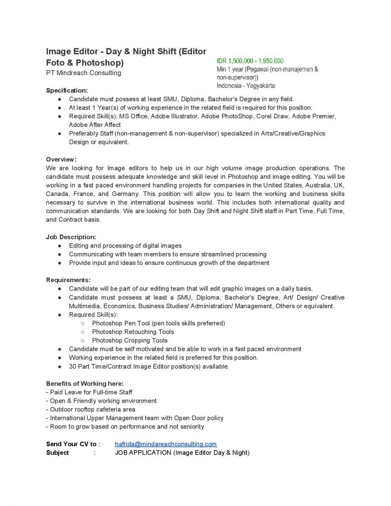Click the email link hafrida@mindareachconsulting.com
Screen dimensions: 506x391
click(166, 444)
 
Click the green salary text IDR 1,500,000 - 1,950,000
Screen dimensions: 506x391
click(250, 61)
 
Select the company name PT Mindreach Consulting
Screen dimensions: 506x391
click(84, 73)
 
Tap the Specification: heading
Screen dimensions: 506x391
click(67, 90)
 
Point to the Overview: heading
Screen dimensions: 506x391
click(61, 159)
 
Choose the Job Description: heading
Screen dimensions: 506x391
click(71, 237)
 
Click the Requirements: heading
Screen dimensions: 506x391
click(68, 280)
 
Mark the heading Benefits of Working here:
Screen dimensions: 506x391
click(85, 383)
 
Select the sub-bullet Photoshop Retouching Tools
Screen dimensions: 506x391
click(133, 332)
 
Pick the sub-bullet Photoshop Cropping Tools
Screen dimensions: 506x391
click(130, 340)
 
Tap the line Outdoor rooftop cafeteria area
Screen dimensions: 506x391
click(90, 409)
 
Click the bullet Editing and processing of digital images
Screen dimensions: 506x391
click(125, 246)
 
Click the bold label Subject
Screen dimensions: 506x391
click(57, 453)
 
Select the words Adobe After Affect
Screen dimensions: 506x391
click(94, 125)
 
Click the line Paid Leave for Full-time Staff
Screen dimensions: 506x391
click(89, 392)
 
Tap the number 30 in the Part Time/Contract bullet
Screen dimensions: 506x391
click(73, 366)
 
